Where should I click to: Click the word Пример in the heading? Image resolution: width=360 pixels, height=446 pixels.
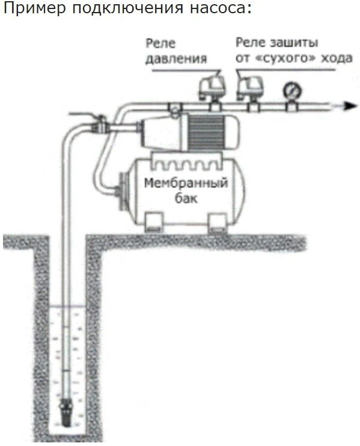34,8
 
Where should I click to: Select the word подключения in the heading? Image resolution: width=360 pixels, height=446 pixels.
127,8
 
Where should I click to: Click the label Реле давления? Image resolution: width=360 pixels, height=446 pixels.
176,51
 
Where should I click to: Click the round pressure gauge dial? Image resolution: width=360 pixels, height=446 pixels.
292,90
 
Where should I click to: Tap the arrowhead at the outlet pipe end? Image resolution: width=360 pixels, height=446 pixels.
350,106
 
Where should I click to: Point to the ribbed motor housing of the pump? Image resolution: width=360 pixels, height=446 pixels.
207,132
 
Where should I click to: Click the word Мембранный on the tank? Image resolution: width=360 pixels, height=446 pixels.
186,183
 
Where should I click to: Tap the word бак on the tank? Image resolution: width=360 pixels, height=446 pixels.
186,198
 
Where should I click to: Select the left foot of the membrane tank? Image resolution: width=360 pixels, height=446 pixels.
154,222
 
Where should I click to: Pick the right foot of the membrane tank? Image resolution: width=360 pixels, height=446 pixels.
218,223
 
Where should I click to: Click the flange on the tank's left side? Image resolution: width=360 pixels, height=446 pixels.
122,191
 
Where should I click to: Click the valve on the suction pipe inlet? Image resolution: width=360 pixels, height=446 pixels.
99,126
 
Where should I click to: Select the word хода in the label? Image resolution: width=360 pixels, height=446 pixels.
337,58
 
